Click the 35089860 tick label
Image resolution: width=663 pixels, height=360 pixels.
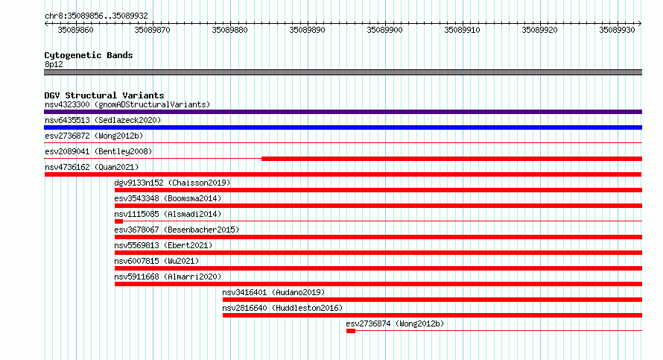(75, 30)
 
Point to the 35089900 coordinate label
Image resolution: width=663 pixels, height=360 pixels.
(385, 30)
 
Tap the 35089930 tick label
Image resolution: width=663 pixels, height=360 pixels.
(617, 30)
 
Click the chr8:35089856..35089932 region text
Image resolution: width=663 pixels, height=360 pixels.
(96, 16)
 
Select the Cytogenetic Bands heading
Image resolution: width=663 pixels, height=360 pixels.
(89, 55)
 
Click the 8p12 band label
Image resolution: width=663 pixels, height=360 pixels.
(54, 64)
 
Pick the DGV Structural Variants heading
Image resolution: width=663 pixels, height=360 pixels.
(104, 95)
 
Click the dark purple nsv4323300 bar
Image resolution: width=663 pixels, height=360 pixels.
(343, 112)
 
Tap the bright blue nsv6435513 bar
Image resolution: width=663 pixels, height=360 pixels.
(343, 127)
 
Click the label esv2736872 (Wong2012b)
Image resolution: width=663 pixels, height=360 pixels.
(94, 136)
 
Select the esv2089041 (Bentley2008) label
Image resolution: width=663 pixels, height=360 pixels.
(98, 151)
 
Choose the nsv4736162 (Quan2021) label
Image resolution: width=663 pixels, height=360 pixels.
(92, 167)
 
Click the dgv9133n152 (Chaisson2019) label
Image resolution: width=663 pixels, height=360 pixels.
(172, 183)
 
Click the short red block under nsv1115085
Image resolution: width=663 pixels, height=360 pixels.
(118, 221)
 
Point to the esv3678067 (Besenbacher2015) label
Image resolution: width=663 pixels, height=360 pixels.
(177, 230)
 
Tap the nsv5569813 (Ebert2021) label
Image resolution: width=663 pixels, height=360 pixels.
(163, 245)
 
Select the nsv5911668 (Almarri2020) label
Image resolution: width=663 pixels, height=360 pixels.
(168, 277)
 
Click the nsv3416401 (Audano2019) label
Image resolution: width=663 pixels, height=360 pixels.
(273, 292)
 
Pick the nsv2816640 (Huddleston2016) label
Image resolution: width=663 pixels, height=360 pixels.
(282, 308)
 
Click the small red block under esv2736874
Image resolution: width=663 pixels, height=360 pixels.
(351, 331)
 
